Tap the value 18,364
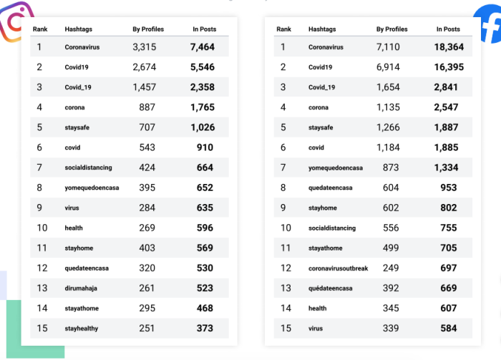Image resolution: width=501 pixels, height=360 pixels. click(x=448, y=47)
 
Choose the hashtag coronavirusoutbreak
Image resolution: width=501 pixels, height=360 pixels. click(x=338, y=268)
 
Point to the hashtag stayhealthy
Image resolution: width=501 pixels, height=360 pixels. click(x=82, y=328)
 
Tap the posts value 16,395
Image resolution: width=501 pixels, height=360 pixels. click(x=448, y=67)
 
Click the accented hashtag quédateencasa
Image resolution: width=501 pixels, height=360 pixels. click(x=330, y=288)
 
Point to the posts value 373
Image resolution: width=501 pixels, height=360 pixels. click(x=205, y=328)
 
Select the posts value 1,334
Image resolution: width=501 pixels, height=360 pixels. click(x=448, y=167)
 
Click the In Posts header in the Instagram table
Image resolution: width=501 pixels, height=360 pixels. click(x=205, y=29)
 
